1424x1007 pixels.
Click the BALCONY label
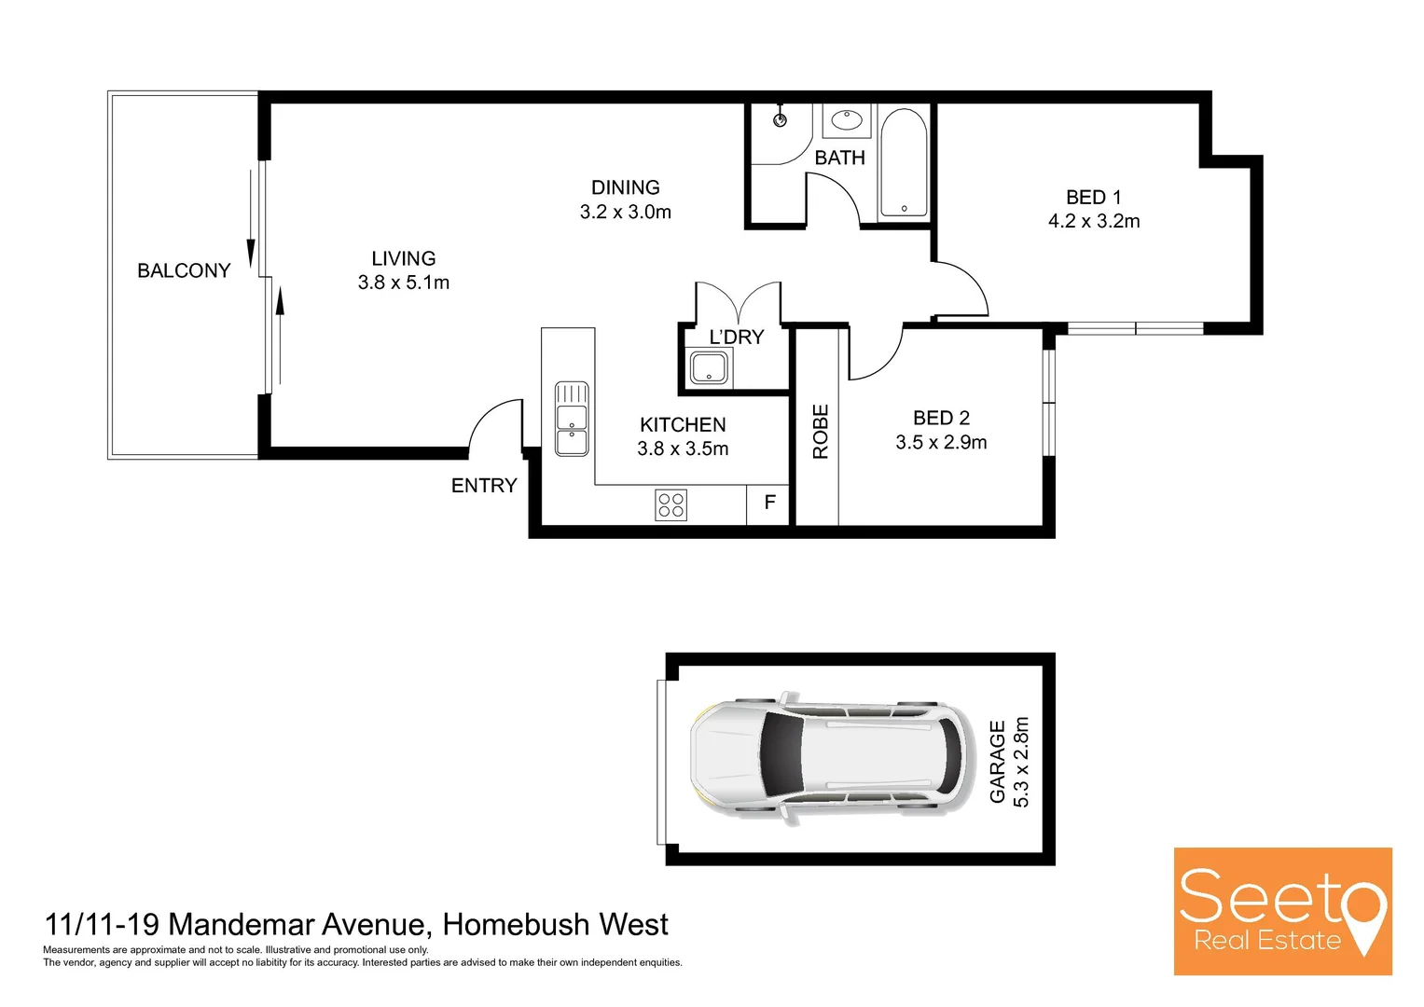click(184, 270)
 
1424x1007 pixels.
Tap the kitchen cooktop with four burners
click(671, 504)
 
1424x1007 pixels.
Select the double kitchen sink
click(572, 419)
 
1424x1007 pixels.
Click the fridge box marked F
click(769, 503)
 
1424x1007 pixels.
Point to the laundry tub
click(709, 367)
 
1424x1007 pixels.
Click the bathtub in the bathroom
click(904, 163)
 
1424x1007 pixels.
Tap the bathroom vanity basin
click(847, 120)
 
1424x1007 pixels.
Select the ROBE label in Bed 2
click(821, 431)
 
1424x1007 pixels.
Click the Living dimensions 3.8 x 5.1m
click(404, 283)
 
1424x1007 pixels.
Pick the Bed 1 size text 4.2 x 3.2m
click(1094, 221)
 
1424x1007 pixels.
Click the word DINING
click(626, 187)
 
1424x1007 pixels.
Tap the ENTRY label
click(484, 485)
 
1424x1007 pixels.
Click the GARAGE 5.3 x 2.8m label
click(1009, 762)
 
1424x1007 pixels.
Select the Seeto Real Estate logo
click(1282, 911)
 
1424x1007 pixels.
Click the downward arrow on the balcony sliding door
click(251, 250)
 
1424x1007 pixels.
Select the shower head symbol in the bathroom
click(781, 119)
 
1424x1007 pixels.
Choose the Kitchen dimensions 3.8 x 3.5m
click(683, 448)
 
